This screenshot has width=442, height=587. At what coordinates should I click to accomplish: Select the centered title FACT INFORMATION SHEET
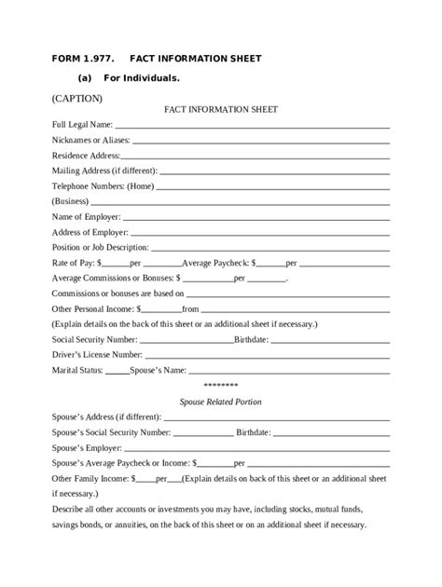point(220,109)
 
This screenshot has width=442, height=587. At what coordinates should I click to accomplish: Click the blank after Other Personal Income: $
point(161,308)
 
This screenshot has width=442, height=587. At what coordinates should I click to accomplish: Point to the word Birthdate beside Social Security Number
point(252,339)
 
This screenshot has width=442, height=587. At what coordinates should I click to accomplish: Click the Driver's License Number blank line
point(266,355)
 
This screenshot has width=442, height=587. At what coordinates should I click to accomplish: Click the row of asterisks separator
point(220,386)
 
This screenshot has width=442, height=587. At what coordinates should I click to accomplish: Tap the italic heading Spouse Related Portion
point(220,402)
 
